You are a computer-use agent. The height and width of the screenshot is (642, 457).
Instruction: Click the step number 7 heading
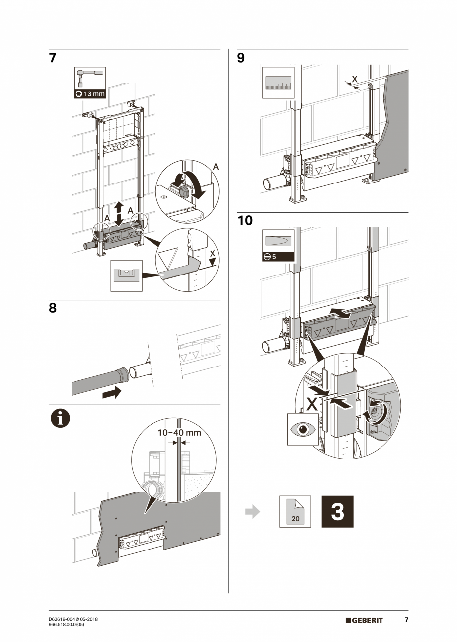53,58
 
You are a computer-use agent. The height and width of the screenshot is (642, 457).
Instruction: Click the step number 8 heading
53,308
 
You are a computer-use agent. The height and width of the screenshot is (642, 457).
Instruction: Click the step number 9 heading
241,58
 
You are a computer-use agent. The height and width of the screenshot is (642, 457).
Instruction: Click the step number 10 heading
245,220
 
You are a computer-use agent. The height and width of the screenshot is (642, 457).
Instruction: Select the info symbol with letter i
60,418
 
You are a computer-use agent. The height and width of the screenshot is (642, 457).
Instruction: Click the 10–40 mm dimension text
179,432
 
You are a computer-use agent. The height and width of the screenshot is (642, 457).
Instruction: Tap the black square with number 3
338,511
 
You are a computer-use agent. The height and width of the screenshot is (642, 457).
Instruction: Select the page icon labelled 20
295,511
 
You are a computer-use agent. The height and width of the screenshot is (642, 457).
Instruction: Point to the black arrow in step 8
111,393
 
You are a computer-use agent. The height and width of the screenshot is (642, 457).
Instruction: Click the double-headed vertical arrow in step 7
118,213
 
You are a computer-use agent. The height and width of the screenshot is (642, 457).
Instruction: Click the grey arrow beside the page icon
253,512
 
